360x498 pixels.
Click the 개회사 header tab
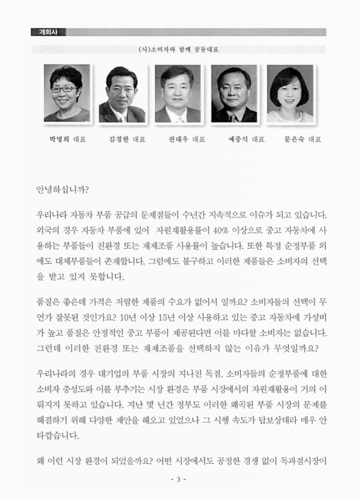click(x=48, y=32)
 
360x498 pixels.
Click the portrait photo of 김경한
click(x=122, y=93)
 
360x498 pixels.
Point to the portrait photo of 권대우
click(x=178, y=93)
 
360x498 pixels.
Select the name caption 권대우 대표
click(x=186, y=139)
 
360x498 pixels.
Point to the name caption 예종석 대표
click(x=242, y=139)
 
